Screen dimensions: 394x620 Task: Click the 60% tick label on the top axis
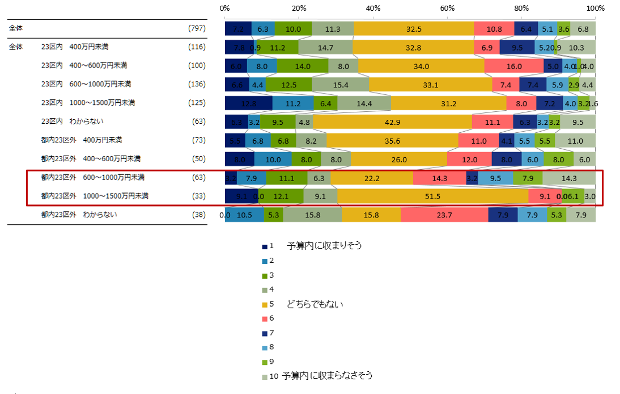pos(447,9)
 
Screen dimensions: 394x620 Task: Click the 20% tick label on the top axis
pos(299,9)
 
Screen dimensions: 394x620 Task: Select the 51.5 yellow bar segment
pos(432,196)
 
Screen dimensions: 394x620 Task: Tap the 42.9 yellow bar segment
pos(392,122)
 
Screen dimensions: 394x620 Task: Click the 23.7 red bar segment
pos(444,215)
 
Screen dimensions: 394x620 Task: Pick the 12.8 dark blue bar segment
pos(248,103)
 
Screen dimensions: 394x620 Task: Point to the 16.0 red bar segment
pos(513,66)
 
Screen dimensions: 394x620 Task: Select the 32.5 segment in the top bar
pos(414,28)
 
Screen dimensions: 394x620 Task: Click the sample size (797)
pos(196,28)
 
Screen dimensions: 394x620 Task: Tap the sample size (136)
pos(196,84)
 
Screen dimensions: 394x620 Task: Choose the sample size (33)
pos(198,196)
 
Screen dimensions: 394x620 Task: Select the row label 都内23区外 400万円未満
pos(81,140)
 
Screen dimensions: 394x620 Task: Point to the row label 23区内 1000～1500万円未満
pos(88,103)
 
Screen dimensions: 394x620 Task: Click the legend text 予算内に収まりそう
pos(324,246)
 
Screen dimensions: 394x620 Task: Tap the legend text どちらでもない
pos(315,305)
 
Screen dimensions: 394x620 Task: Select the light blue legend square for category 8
pos(265,348)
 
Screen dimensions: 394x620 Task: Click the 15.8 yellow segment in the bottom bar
pos(371,215)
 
